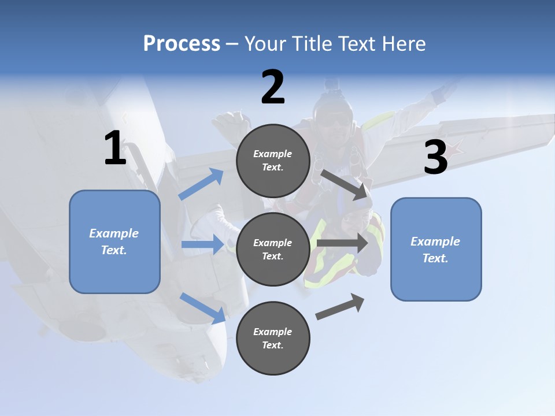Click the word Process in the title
click(182, 44)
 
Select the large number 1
click(115, 148)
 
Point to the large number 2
click(273, 87)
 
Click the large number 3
click(435, 158)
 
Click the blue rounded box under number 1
click(114, 242)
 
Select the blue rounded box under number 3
click(436, 249)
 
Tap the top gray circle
click(273, 161)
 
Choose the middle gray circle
click(273, 249)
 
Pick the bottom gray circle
click(273, 338)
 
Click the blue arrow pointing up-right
click(201, 184)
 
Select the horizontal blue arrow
click(202, 244)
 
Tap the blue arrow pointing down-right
click(202, 307)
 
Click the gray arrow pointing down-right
click(346, 184)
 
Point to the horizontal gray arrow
click(342, 243)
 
